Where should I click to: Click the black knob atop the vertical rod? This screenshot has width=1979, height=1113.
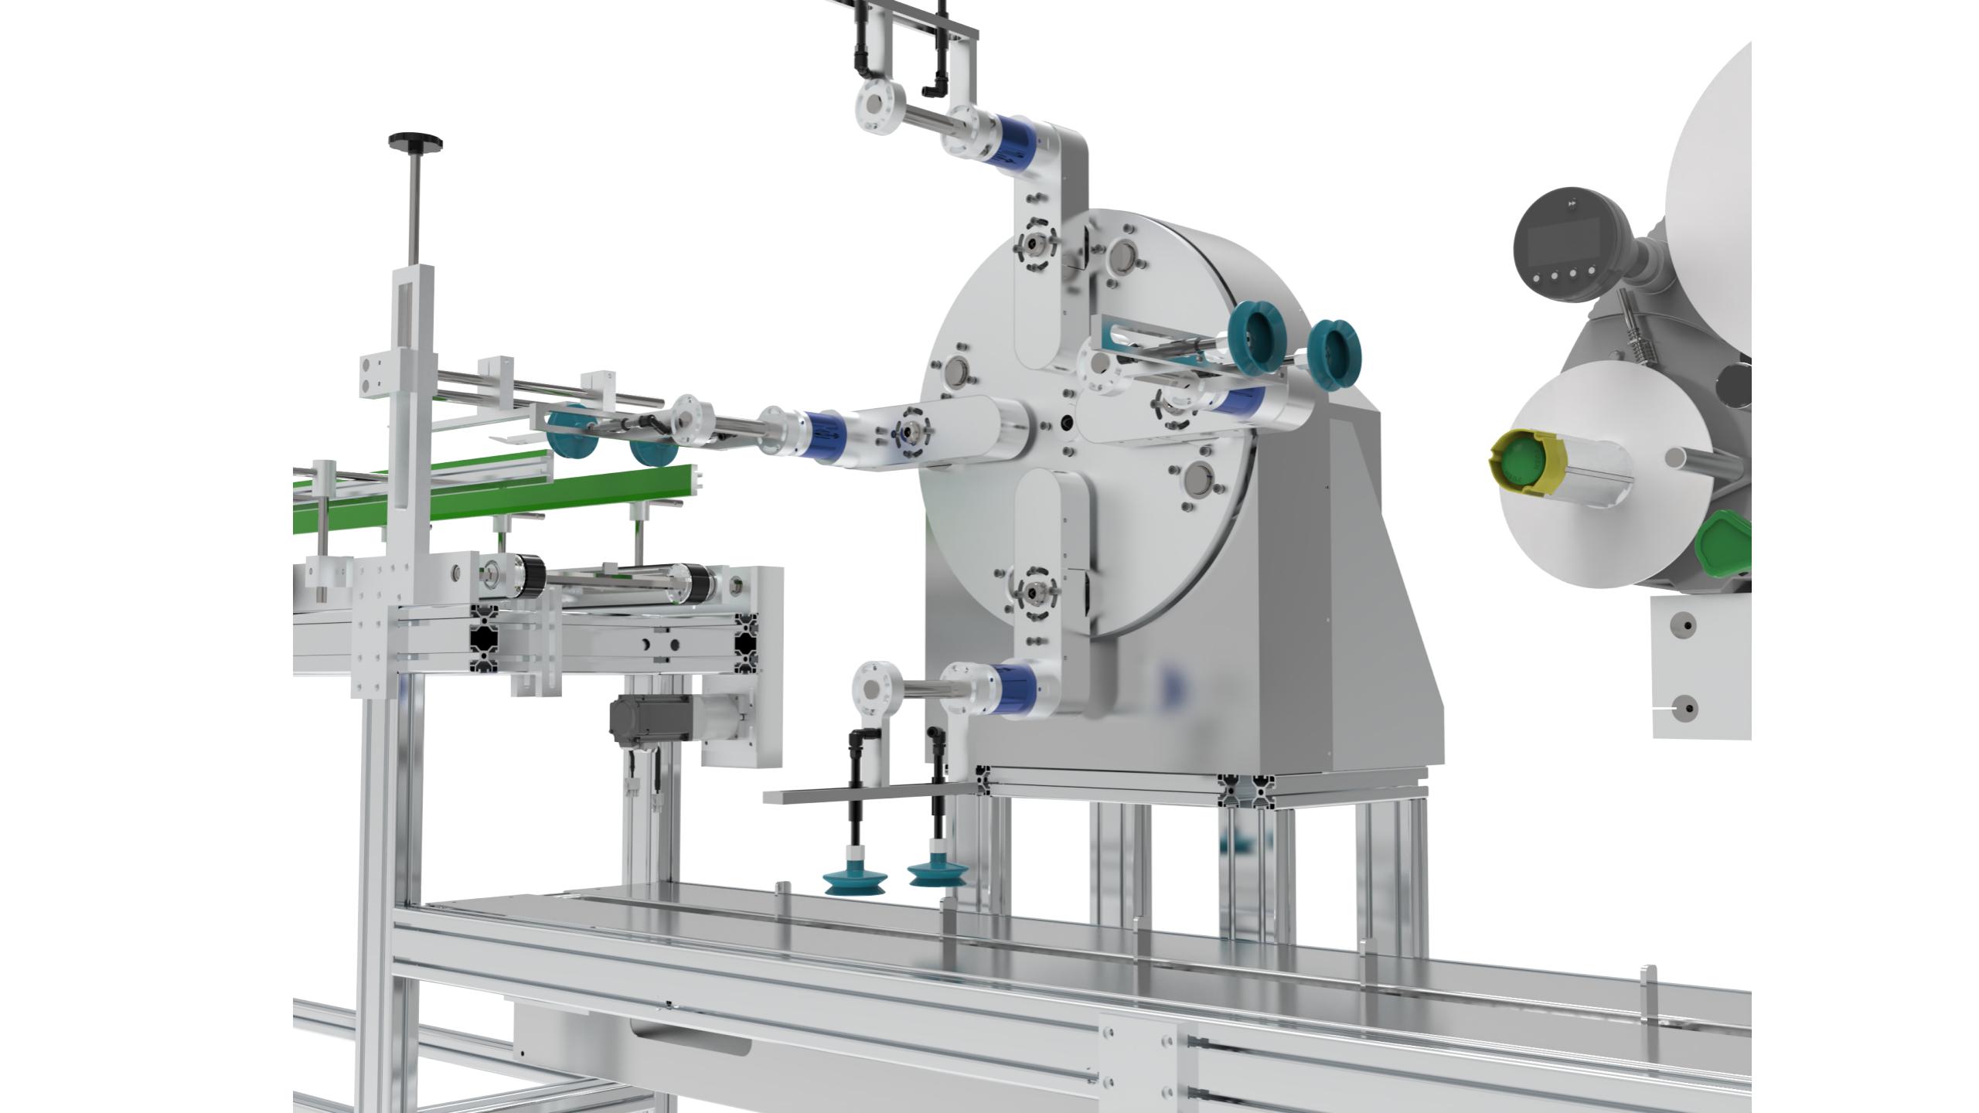pos(416,141)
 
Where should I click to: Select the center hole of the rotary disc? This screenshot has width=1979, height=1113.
pos(1068,421)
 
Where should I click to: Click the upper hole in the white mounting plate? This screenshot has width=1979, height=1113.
pos(1688,625)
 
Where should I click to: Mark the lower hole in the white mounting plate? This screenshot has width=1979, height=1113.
pos(1688,706)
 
